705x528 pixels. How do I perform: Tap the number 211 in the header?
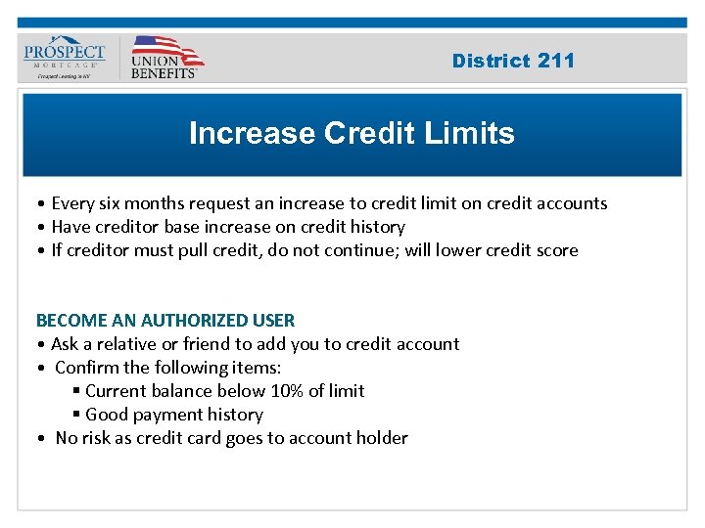[x=555, y=61]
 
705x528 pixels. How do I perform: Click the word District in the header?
[x=491, y=61]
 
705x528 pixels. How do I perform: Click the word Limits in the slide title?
[x=468, y=133]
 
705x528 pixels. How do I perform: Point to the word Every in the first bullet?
[x=73, y=203]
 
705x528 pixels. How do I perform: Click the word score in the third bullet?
[x=556, y=250]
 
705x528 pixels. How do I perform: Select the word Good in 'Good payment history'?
[x=106, y=415]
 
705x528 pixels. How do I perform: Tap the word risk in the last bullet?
[x=99, y=438]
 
